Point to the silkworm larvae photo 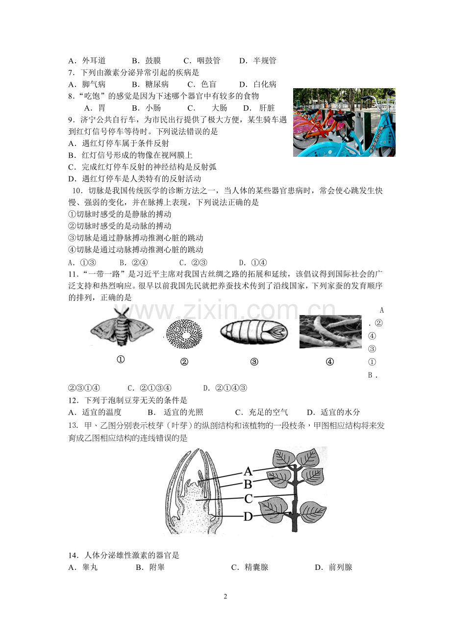coord(330,332)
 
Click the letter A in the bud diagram coord(248,472)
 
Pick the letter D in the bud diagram coord(248,516)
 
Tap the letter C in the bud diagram coord(248,499)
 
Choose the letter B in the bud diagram coord(248,485)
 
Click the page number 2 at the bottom coord(225,596)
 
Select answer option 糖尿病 coord(157,84)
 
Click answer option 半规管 coord(265,61)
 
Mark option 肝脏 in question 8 coord(267,108)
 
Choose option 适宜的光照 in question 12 coord(183,412)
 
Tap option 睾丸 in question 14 coord(90,567)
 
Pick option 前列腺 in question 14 coord(340,567)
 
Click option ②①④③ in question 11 coord(231,388)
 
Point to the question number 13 coord(73,425)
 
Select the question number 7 coord(71,73)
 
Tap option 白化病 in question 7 coord(265,84)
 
